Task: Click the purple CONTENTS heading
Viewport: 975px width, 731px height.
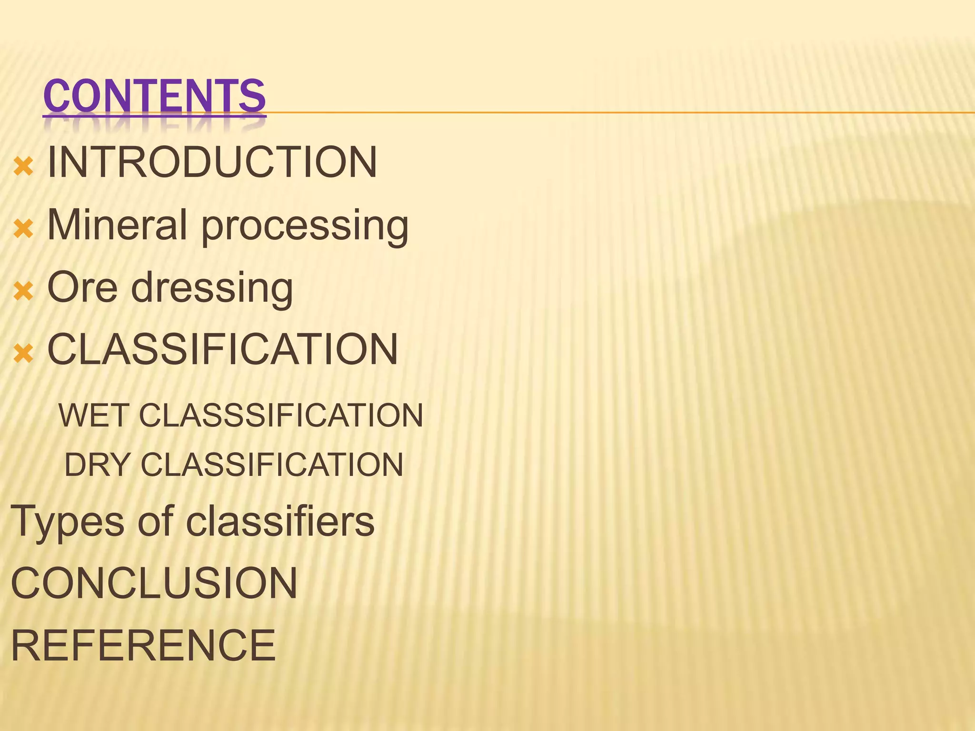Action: pyautogui.click(x=154, y=97)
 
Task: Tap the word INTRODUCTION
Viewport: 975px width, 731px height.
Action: pyautogui.click(x=212, y=162)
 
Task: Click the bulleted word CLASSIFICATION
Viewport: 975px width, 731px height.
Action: pyautogui.click(x=222, y=349)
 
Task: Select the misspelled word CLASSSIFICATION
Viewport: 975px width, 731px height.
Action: pyautogui.click(x=281, y=415)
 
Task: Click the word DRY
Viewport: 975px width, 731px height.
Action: pyautogui.click(x=97, y=465)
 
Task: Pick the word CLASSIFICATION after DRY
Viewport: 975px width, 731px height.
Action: pyautogui.click(x=272, y=465)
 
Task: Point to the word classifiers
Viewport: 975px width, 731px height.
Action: pyautogui.click(x=280, y=522)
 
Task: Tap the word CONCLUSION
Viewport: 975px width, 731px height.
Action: pyautogui.click(x=154, y=583)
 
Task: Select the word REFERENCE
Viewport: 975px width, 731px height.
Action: pyautogui.click(x=143, y=645)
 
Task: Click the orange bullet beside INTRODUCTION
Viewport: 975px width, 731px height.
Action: pyautogui.click(x=23, y=167)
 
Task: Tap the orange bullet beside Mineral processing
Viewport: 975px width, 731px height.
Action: pyautogui.click(x=23, y=229)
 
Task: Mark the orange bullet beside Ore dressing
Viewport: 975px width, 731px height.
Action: pyautogui.click(x=23, y=291)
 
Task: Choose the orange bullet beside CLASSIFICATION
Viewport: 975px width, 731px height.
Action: pyautogui.click(x=23, y=354)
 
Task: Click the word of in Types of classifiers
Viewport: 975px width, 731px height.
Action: pyautogui.click(x=155, y=522)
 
